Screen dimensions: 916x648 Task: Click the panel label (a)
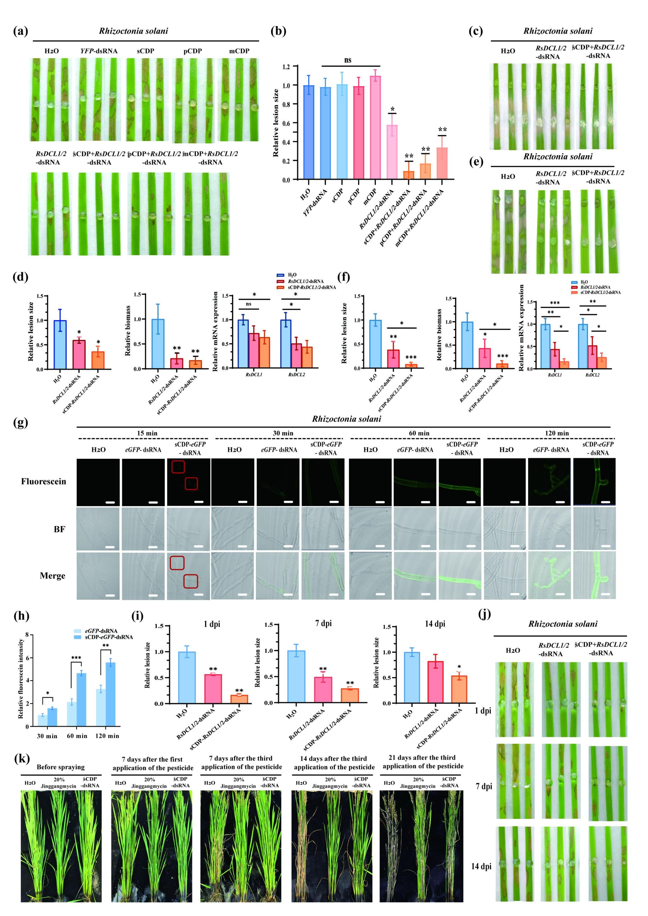click(x=20, y=31)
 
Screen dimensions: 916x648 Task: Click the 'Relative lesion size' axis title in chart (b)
click(x=276, y=122)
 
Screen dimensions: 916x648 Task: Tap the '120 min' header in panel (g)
click(x=557, y=433)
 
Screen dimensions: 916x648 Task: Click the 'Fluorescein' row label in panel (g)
click(x=43, y=481)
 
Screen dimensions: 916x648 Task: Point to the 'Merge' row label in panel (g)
click(x=52, y=575)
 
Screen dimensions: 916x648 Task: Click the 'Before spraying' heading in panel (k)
click(x=61, y=767)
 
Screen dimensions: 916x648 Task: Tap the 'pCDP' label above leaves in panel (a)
click(x=192, y=51)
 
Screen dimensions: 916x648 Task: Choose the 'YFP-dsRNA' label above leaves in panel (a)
click(x=99, y=51)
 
